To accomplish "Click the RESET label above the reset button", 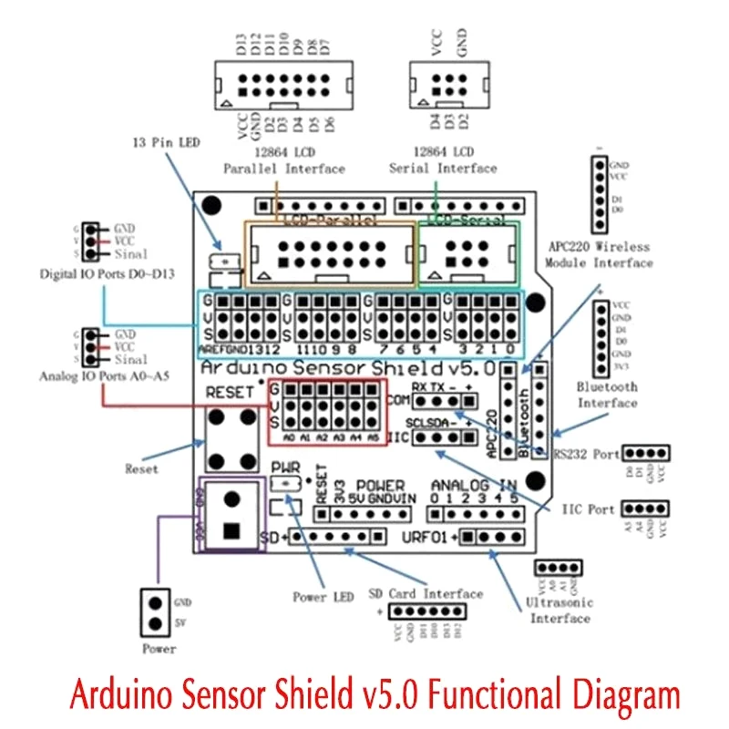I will click(x=226, y=393).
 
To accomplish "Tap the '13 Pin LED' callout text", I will click(x=166, y=143).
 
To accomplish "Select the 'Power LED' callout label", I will click(x=323, y=597).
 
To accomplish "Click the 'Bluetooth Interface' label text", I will click(x=608, y=394).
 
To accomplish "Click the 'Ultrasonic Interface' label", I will click(x=560, y=611).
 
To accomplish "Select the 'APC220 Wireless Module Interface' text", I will click(x=599, y=254).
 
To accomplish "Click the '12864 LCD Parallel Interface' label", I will click(x=284, y=160).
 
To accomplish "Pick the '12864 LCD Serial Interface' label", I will click(x=443, y=160).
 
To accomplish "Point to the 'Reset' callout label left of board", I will click(x=141, y=468).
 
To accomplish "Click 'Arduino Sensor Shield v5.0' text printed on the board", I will click(x=346, y=369).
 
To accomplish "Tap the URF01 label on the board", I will click(x=424, y=537).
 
